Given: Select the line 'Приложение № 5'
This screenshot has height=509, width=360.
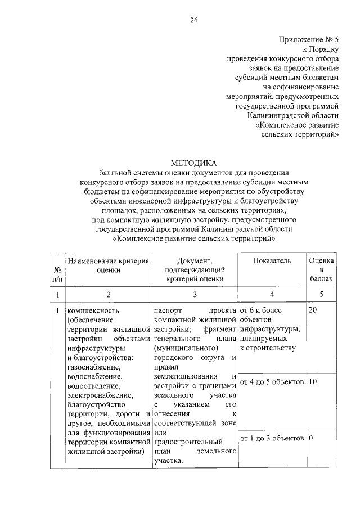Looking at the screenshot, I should click(x=309, y=39).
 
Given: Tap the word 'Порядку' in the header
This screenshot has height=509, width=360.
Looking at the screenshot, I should click(x=325, y=49).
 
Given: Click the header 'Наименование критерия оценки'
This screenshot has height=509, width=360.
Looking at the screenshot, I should click(x=108, y=265).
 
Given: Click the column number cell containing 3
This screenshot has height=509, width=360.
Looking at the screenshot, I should click(x=195, y=294).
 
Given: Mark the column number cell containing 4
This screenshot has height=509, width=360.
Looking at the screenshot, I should click(x=272, y=294).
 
